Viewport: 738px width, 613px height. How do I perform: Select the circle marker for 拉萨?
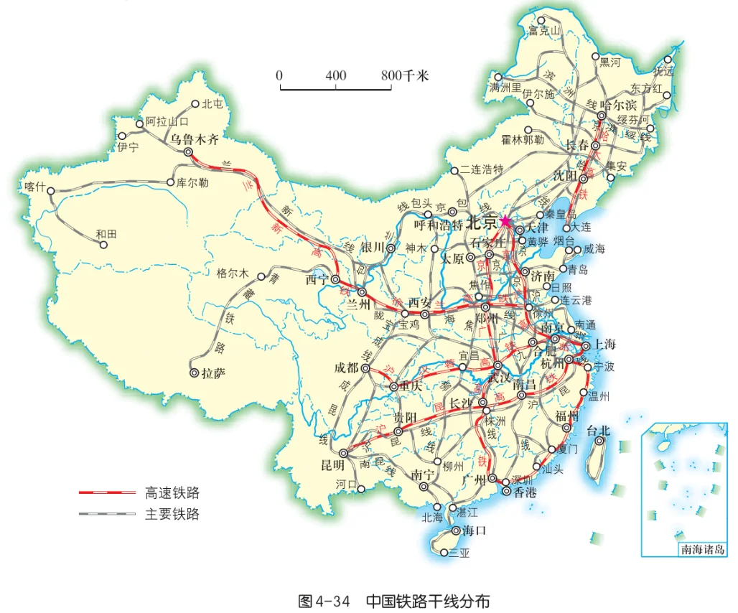194,373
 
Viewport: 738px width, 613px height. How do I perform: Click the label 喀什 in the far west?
34,187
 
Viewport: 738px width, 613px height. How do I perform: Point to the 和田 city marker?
103,245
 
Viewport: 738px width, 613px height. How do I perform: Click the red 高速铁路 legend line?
107,492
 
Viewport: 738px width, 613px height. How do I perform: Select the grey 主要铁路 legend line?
107,513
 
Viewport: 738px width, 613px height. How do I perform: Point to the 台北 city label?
598,431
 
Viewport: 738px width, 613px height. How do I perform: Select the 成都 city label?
346,368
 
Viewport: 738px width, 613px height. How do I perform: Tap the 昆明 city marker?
342,454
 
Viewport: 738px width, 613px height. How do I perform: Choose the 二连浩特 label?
482,170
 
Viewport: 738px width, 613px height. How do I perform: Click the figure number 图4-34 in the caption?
324,600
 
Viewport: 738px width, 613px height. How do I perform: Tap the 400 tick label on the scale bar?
335,75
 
